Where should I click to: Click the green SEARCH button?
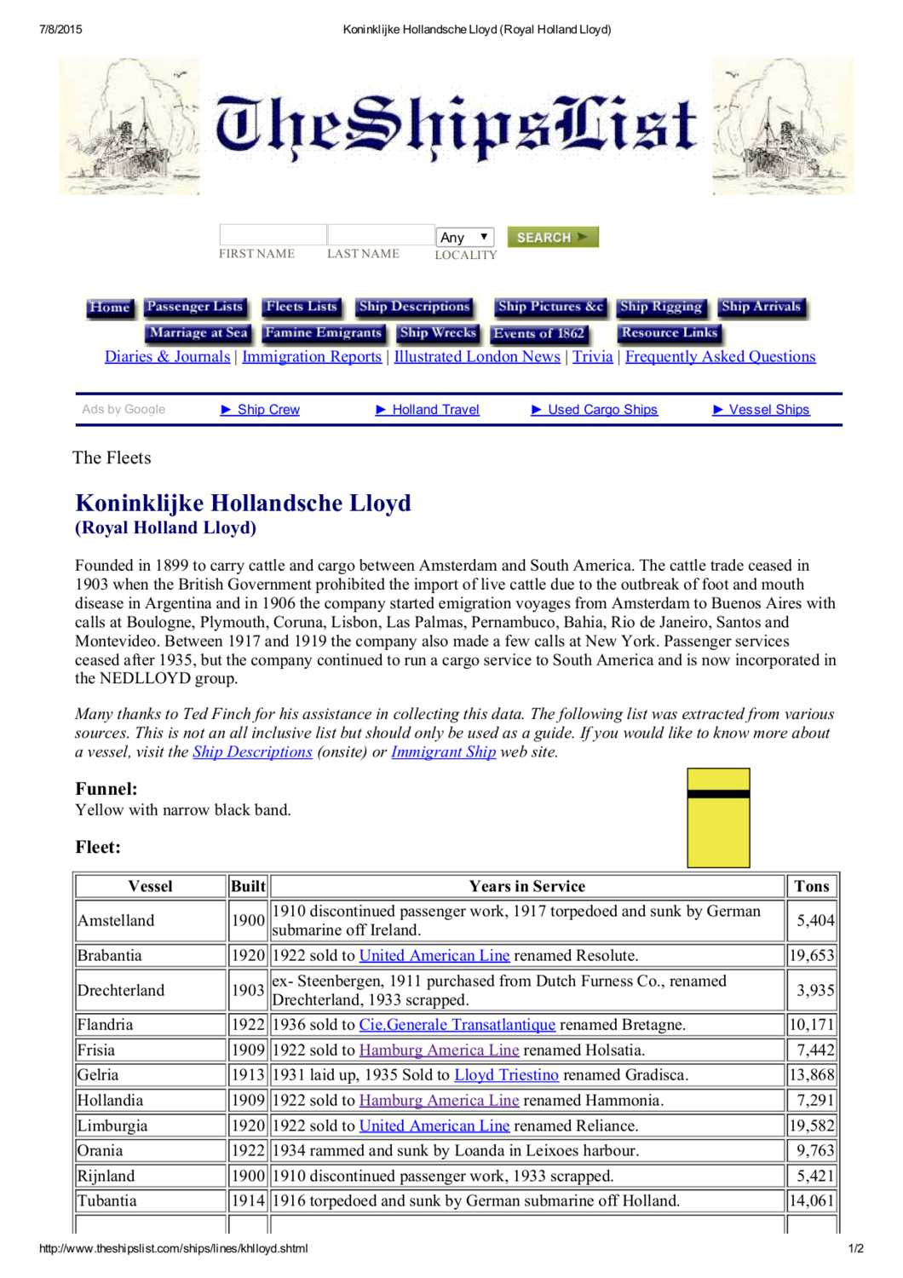click(x=552, y=237)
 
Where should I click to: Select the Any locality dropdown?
click(x=464, y=237)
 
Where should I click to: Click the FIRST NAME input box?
click(x=273, y=234)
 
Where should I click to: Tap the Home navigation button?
click(x=109, y=308)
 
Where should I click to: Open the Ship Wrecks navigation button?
click(x=438, y=333)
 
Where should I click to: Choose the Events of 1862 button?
click(x=538, y=334)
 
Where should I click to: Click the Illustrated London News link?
click(x=477, y=357)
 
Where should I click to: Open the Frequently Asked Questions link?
click(x=720, y=357)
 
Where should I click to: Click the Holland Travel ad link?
click(x=435, y=410)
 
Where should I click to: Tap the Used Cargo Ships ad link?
click(x=602, y=410)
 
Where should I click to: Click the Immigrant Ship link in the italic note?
click(x=443, y=752)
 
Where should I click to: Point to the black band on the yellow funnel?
click(x=718, y=794)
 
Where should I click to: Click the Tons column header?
click(x=811, y=886)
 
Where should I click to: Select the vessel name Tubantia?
click(x=107, y=1201)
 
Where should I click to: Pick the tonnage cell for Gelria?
click(x=811, y=1075)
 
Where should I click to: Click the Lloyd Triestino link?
click(x=506, y=1075)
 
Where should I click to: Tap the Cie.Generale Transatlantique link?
click(x=457, y=1025)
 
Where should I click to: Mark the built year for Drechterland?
click(x=248, y=990)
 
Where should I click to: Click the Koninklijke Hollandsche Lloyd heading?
click(x=243, y=504)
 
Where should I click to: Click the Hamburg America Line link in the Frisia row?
click(x=439, y=1051)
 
